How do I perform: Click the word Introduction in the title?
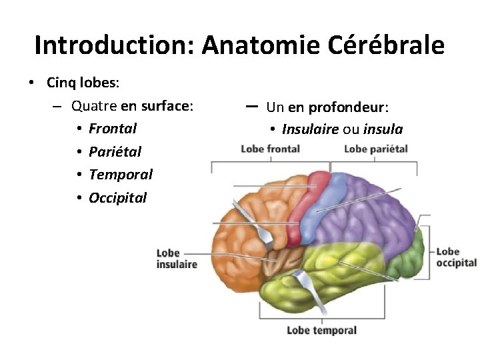point(114,45)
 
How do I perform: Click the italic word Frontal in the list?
point(113,128)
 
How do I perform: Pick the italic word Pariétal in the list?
point(115,151)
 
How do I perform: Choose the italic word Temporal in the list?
point(121,175)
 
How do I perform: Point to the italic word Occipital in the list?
point(117,198)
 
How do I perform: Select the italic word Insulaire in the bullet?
point(310,129)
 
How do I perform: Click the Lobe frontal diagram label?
point(270,149)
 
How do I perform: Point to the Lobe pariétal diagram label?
point(375,149)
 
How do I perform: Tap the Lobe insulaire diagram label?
point(177,259)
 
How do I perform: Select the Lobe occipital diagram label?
point(456,257)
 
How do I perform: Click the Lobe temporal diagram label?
point(321,330)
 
